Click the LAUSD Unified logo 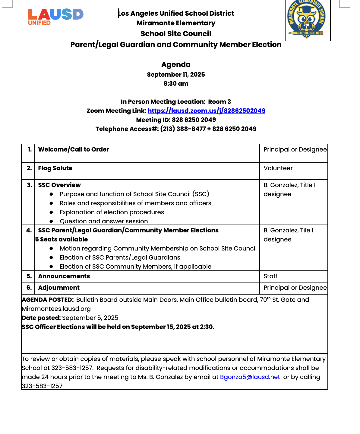(x=55, y=17)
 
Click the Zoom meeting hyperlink (x=206, y=111)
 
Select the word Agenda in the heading (x=176, y=65)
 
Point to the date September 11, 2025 (x=176, y=75)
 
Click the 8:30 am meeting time (x=176, y=84)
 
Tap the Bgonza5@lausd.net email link (x=250, y=377)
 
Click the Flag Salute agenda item (x=55, y=168)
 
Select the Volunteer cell (x=278, y=168)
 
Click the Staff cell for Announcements (x=270, y=276)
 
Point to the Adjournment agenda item (x=59, y=288)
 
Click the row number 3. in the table (x=29, y=185)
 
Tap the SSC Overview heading (x=59, y=185)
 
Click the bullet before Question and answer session (x=51, y=221)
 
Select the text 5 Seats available (x=62, y=239)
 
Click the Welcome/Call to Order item (x=74, y=149)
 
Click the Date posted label (x=41, y=318)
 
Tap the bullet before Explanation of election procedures (x=51, y=212)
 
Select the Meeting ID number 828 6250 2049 (x=194, y=120)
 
